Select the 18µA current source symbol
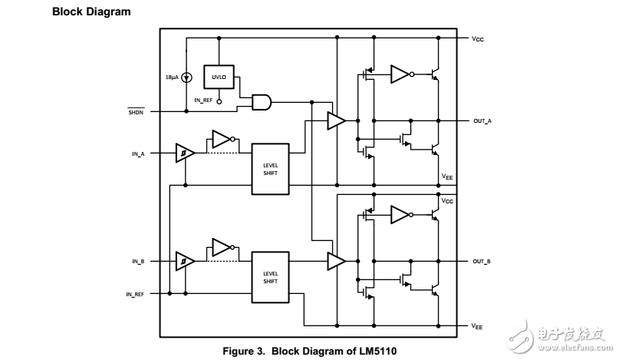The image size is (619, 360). (186, 78)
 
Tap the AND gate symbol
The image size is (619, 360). (262, 101)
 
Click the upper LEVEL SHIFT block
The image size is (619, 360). (270, 170)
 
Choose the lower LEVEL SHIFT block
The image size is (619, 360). (270, 277)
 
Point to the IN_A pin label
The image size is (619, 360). (138, 154)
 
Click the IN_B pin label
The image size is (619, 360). (138, 262)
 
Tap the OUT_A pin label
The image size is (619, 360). (482, 121)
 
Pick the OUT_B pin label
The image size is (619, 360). (482, 262)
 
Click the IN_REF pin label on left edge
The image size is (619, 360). (134, 294)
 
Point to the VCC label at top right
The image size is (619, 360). (478, 38)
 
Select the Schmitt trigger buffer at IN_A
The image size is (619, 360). (184, 153)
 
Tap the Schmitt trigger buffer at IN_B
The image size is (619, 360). (184, 262)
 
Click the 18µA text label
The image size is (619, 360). (172, 78)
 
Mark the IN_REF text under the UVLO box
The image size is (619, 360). (204, 101)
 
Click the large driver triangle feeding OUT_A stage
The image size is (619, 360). (336, 121)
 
